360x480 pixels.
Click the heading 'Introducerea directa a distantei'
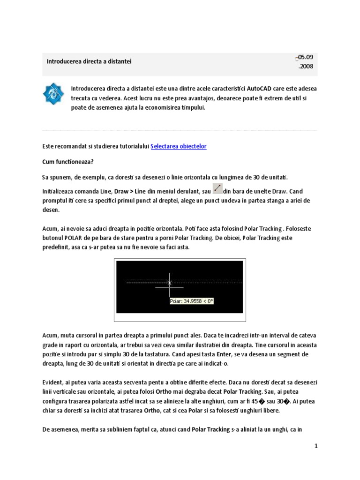[89, 61]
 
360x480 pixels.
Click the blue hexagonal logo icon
[53, 94]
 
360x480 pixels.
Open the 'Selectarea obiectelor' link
[178, 146]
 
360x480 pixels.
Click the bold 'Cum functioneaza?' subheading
[67, 162]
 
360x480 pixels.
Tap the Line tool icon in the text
[217, 188]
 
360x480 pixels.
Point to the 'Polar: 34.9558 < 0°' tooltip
[191, 301]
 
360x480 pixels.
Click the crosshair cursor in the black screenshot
[170, 283]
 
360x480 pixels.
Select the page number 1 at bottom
[316, 446]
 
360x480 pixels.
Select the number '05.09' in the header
[305, 57]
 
